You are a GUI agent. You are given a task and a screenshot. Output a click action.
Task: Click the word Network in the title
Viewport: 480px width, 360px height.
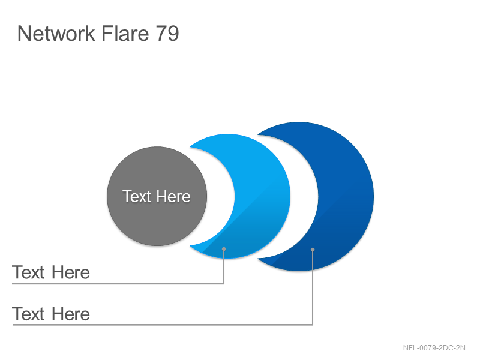point(56,34)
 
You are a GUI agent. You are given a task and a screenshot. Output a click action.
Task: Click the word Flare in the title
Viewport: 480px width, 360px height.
point(125,34)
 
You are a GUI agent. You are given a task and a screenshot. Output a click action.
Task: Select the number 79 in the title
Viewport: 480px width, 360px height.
point(167,34)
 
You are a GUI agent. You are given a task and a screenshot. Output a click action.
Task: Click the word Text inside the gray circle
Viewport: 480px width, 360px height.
point(137,196)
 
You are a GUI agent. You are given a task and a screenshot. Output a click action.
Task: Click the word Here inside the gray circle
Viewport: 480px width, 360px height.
point(174,196)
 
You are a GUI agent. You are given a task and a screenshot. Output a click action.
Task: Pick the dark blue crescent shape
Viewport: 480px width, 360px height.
point(346,196)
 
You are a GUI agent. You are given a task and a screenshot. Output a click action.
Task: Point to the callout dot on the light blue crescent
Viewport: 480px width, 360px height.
point(224,249)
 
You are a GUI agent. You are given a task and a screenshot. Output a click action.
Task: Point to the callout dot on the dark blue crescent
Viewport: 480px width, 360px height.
point(313,250)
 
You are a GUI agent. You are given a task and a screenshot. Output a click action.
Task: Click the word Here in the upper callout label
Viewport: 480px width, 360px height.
point(71,272)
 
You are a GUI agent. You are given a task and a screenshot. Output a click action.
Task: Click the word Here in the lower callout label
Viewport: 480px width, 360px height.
point(71,314)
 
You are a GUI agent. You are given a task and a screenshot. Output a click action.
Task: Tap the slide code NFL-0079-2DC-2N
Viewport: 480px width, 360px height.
point(434,348)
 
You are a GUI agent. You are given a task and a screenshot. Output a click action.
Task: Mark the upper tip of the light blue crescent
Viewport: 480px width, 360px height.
point(190,147)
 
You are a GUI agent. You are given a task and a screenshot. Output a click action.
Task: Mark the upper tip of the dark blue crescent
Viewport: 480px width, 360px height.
point(258,134)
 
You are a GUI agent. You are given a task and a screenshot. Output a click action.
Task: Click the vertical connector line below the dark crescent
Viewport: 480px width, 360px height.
point(313,287)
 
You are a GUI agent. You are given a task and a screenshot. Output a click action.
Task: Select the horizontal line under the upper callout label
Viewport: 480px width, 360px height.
point(118,283)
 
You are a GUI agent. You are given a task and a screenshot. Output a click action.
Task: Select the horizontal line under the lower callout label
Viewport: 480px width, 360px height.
point(162,325)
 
